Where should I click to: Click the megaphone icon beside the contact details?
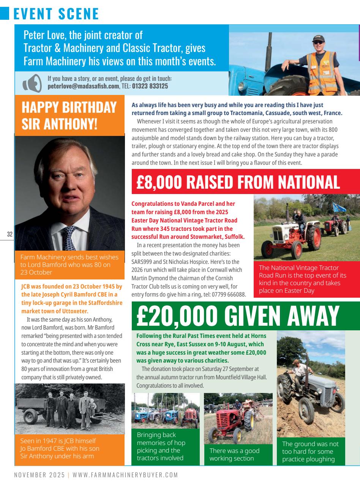[x=32, y=84]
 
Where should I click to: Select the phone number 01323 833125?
[x=150, y=86]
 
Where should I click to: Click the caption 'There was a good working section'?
[x=234, y=454]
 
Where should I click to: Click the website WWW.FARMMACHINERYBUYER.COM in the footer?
[x=125, y=475]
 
